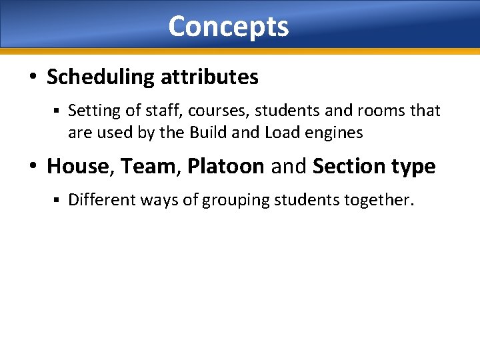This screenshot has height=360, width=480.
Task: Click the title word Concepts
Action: [229, 27]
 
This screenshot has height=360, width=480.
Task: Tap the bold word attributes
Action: [209, 77]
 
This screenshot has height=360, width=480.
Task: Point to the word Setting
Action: [93, 110]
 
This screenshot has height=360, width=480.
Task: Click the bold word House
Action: [75, 166]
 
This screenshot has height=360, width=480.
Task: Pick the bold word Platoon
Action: [226, 166]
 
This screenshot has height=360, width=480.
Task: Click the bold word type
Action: [413, 167]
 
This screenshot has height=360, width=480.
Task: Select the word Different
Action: [101, 199]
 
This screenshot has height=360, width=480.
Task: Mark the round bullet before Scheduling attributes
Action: [33, 78]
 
